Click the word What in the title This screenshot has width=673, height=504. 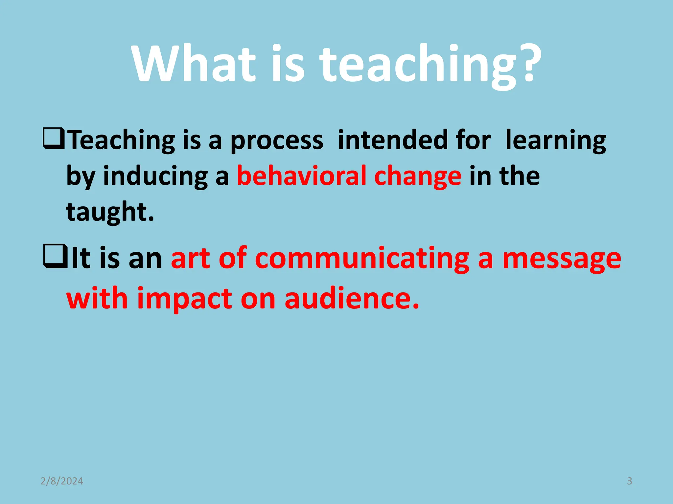tap(194, 64)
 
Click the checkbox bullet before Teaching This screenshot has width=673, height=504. tap(53, 139)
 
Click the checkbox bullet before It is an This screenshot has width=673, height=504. tap(54, 257)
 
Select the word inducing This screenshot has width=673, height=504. tap(155, 177)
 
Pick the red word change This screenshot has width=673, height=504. tap(418, 177)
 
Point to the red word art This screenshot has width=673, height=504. tap(190, 259)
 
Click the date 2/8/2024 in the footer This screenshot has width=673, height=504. tap(62, 481)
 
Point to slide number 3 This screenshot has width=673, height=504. tap(629, 481)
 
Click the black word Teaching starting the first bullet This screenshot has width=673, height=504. tap(122, 140)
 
